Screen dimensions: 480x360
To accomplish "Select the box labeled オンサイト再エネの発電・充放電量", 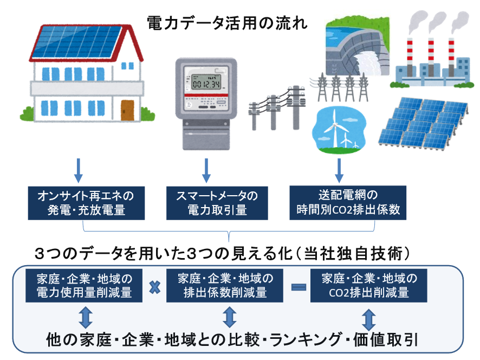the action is [x=81, y=202].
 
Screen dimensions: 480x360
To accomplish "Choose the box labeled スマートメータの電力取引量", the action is [x=217, y=202].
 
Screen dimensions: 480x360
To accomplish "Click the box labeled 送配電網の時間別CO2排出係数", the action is [x=348, y=202].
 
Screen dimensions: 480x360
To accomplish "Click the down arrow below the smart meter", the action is [x=206, y=170].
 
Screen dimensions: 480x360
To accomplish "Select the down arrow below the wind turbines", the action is [x=340, y=170].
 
